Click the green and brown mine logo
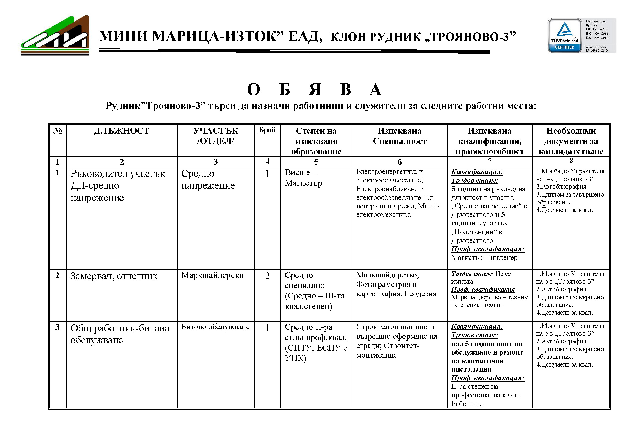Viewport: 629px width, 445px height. (x=55, y=35)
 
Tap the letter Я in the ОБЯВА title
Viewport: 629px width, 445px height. (x=315, y=89)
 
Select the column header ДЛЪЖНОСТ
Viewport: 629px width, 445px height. (x=122, y=131)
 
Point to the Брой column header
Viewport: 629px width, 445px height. (x=267, y=130)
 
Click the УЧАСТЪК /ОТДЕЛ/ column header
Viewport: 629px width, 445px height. (x=215, y=136)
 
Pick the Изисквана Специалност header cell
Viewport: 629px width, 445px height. (x=400, y=136)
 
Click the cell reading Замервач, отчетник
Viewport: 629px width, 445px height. (x=114, y=276)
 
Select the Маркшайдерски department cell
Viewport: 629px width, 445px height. (x=212, y=275)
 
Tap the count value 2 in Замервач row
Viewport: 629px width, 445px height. (x=267, y=276)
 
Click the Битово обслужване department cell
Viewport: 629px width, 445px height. (x=215, y=327)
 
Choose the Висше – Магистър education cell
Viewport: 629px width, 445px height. (x=303, y=178)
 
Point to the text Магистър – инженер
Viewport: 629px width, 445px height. (x=484, y=258)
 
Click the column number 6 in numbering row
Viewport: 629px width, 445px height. (x=400, y=162)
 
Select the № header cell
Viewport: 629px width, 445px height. (x=58, y=131)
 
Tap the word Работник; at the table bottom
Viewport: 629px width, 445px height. (x=467, y=404)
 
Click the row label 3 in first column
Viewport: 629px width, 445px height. (x=58, y=327)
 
